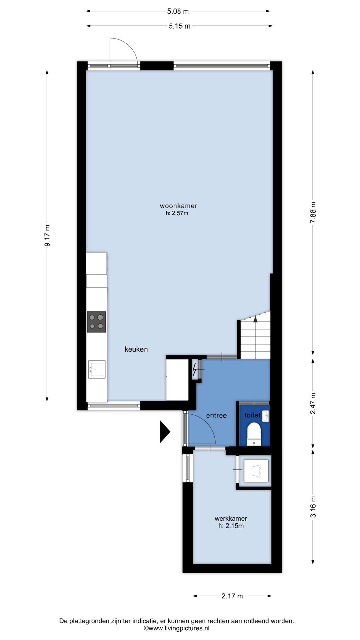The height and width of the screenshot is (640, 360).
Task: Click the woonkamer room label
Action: click(x=176, y=206)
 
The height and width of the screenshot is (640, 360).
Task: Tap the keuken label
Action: click(x=136, y=349)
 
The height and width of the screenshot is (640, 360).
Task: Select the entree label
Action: click(x=216, y=415)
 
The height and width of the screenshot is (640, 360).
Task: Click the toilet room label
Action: click(x=252, y=415)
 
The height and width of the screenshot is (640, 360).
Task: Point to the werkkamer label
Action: click(x=231, y=519)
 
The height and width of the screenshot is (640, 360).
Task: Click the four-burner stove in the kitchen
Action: click(x=96, y=322)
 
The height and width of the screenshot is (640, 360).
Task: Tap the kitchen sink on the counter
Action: click(x=97, y=369)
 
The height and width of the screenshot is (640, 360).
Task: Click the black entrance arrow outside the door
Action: click(x=165, y=432)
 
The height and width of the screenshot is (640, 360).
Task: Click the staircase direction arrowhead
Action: click(x=255, y=319)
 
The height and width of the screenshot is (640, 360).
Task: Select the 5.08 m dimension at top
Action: click(x=178, y=11)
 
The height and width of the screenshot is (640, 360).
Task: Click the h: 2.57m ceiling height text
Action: click(x=177, y=213)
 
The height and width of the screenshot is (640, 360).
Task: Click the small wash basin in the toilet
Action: click(x=266, y=416)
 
